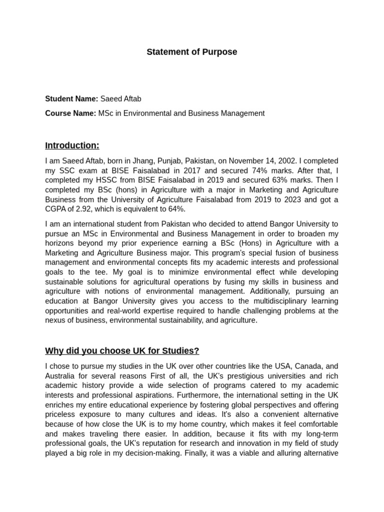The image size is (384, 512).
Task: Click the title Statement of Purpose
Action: click(192, 52)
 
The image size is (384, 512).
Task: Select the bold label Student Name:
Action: click(71, 98)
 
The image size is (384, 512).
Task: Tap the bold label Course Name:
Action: click(70, 113)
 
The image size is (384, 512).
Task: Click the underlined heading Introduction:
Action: click(72, 145)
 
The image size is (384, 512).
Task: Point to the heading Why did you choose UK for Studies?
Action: click(122, 350)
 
